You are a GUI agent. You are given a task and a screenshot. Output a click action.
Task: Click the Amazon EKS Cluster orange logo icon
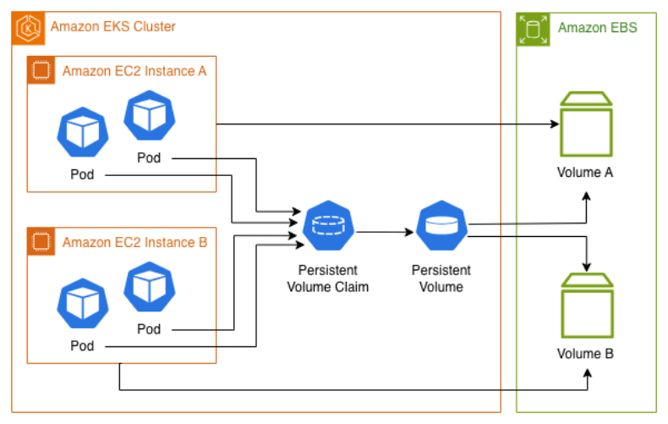pos(28,27)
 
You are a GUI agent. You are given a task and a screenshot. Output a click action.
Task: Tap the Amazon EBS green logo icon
pos(532,27)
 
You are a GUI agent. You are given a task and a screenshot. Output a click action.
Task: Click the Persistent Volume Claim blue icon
pos(327,226)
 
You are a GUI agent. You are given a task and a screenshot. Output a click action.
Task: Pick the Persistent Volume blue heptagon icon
pos(441,226)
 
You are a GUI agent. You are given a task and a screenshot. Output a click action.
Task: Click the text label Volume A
pos(585,173)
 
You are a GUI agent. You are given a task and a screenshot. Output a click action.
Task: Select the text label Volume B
pos(585,353)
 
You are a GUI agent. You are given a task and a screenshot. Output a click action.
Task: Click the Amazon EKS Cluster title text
pos(113,27)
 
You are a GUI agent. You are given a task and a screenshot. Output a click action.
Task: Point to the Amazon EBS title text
pos(598,28)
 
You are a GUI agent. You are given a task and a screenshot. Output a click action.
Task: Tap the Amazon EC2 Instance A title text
pos(134,71)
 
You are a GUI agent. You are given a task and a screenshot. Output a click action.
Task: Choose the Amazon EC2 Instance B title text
pos(134,242)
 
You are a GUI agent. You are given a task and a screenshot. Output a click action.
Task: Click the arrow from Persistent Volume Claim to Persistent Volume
pos(385,230)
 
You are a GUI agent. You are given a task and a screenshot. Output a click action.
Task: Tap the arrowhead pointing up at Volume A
pos(586,194)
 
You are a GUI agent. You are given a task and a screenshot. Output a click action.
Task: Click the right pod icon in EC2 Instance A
pos(149,116)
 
